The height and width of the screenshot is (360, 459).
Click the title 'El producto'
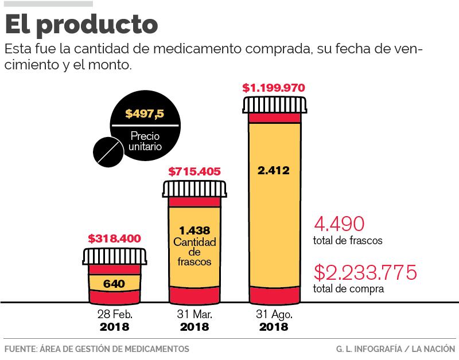click(x=81, y=25)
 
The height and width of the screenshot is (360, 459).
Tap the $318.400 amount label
click(x=114, y=238)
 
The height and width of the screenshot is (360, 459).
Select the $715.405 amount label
click(x=195, y=171)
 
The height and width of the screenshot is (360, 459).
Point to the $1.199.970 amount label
click(x=273, y=88)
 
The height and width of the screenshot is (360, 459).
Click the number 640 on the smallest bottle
click(x=114, y=283)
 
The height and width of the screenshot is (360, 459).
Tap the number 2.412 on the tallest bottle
click(x=273, y=170)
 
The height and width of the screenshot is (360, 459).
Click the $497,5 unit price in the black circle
click(x=145, y=114)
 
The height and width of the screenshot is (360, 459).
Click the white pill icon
click(x=108, y=150)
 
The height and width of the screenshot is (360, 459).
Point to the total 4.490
click(x=339, y=224)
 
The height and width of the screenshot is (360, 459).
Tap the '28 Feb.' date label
click(x=114, y=315)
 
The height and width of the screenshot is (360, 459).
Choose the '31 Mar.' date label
click(x=195, y=315)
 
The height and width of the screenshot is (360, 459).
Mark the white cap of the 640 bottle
click(x=114, y=256)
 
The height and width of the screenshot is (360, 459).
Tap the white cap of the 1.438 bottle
click(x=194, y=189)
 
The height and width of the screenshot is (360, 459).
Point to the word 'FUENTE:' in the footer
click(x=19, y=349)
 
